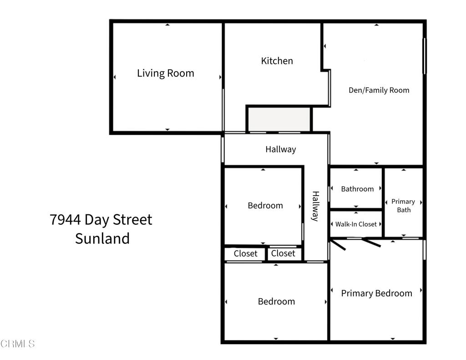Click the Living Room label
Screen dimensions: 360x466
(x=166, y=73)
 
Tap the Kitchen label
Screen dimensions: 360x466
(x=277, y=61)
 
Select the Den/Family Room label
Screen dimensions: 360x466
(x=379, y=90)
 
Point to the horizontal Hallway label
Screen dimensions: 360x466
(x=280, y=149)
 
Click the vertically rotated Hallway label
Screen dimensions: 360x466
(x=315, y=206)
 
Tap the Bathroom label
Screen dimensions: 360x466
(x=357, y=189)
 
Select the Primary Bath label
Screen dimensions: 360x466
(x=403, y=206)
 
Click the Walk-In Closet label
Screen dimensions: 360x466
(x=356, y=224)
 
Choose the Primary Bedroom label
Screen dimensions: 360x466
(x=376, y=294)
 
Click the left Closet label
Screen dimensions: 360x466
(x=245, y=254)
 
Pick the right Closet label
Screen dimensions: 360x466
(x=283, y=254)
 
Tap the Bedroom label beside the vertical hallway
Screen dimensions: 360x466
(x=265, y=206)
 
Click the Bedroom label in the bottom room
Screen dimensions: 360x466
(x=276, y=301)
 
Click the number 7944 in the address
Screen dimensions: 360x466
(x=66, y=220)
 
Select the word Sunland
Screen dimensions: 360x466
(x=102, y=238)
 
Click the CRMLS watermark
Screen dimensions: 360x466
(x=18, y=344)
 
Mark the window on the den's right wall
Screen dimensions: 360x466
(x=424, y=56)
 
